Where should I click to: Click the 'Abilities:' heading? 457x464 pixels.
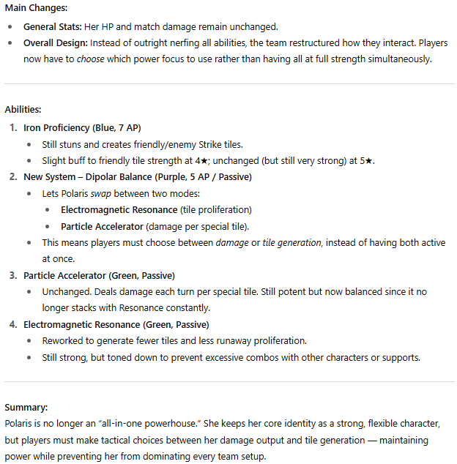point(23,109)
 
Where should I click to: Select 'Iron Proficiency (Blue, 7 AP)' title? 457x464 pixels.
point(82,127)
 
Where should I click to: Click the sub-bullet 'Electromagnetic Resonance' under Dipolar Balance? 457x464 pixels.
point(119,209)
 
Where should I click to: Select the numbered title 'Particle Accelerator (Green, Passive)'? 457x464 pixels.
point(98,275)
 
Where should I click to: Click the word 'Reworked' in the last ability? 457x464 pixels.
point(62,341)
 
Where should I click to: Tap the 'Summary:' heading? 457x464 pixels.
point(28,407)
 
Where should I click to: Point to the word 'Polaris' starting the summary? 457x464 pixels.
point(21,424)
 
